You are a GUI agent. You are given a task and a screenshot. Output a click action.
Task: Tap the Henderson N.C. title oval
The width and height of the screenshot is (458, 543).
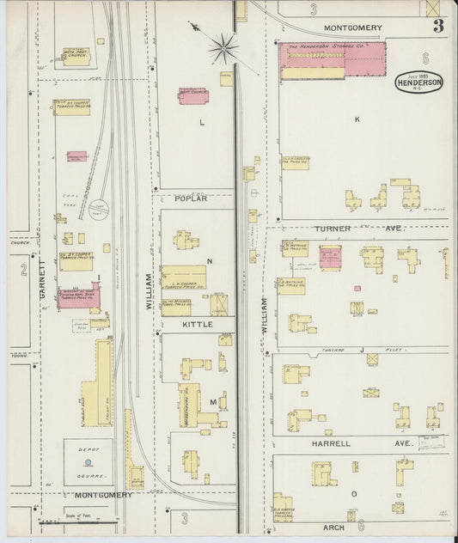421,83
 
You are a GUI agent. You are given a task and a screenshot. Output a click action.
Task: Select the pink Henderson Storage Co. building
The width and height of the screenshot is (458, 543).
333,59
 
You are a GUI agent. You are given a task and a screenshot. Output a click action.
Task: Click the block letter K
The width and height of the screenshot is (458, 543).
357,119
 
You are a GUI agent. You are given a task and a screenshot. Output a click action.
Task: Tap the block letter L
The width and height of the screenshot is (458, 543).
202,123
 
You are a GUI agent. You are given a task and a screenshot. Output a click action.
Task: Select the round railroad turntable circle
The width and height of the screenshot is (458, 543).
100,207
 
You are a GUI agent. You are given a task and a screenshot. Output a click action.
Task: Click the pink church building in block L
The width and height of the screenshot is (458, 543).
193,95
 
